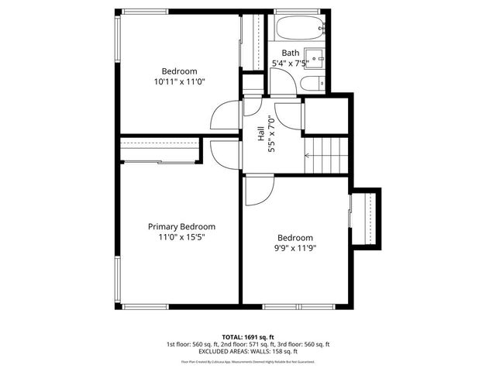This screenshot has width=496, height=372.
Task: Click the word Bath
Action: coord(291,53)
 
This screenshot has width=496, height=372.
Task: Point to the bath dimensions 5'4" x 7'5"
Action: coord(291,63)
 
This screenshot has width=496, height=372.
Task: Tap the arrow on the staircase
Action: coord(308,155)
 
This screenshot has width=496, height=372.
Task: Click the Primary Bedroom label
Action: coord(181,226)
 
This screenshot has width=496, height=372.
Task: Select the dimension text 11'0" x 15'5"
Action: coord(181,237)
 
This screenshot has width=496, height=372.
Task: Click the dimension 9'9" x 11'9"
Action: coord(295,248)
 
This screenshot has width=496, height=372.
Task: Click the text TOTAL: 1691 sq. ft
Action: coord(248,337)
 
